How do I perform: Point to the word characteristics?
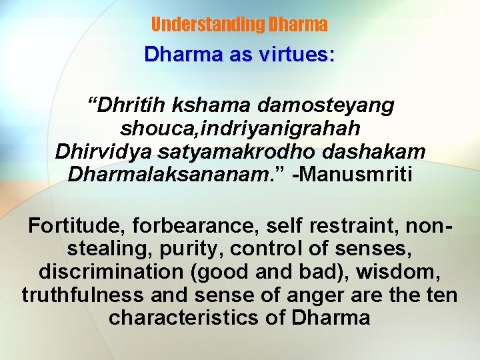184,317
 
